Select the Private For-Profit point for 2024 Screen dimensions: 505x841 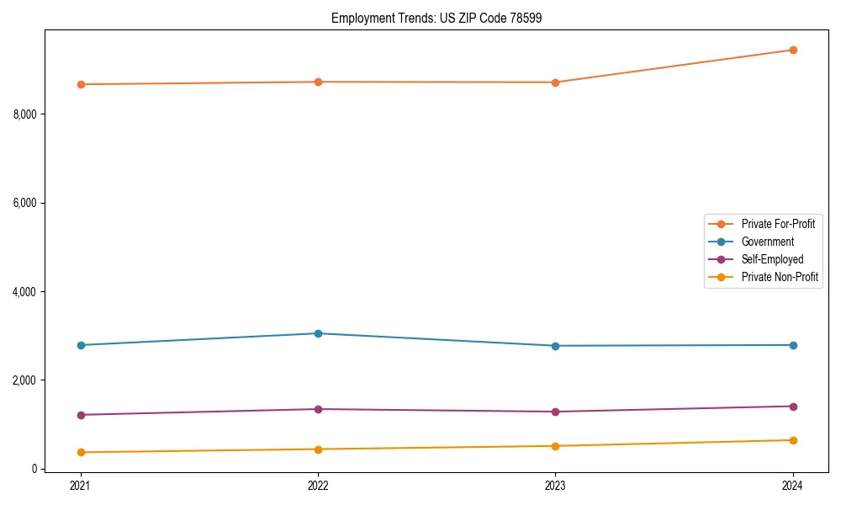[x=793, y=50]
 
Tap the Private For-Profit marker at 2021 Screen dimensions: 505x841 [x=81, y=84]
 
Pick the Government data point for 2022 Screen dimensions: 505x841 [x=318, y=333]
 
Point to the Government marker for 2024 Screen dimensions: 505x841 [x=793, y=345]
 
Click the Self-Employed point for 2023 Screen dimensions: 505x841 [x=555, y=412]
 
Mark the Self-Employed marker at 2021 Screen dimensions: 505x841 [x=81, y=415]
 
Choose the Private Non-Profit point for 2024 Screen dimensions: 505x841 [x=793, y=440]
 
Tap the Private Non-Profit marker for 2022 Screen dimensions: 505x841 [x=318, y=449]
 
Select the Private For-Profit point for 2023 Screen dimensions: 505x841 [x=555, y=82]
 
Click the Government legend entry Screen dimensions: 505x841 [x=767, y=242]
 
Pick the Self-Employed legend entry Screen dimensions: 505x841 [x=772, y=259]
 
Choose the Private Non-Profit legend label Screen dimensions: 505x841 [x=780, y=277]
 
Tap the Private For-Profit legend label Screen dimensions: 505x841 [x=778, y=224]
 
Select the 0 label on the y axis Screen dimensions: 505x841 [x=34, y=469]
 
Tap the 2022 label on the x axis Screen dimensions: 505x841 [x=318, y=485]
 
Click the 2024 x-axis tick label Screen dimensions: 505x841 [x=793, y=485]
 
